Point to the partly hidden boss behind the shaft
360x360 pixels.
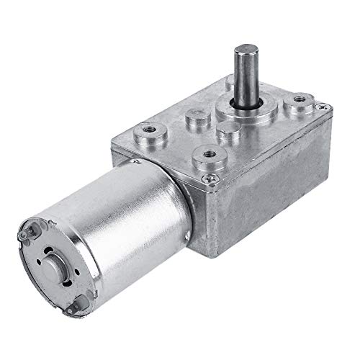229,85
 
